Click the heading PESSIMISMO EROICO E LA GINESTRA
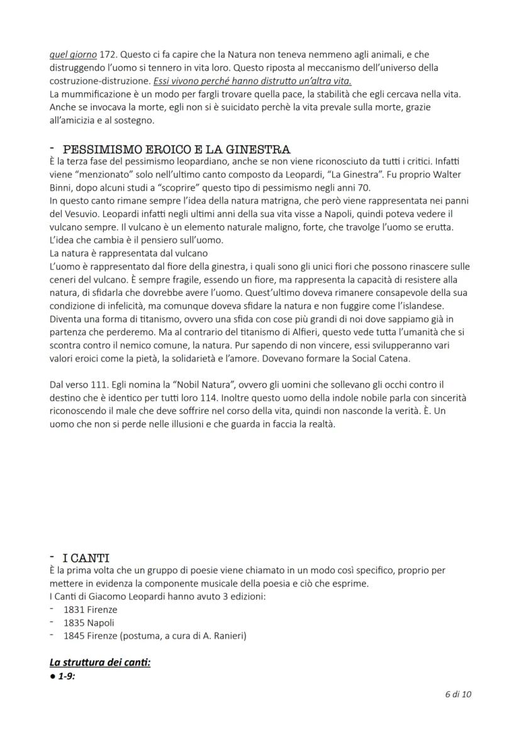pos(176,150)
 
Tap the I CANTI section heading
pos(86,558)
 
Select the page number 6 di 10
pos(458,695)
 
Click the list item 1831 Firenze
pos(90,609)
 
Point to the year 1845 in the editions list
pos(74,636)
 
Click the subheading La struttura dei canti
pos(99,662)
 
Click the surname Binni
pos(62,187)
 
